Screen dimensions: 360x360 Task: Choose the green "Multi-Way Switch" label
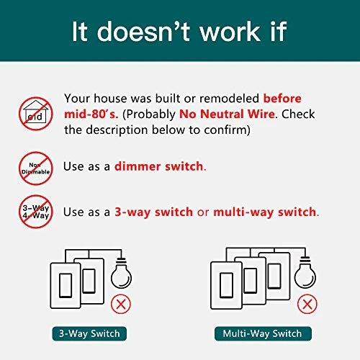tap(263, 333)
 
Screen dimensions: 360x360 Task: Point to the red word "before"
tap(282, 99)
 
